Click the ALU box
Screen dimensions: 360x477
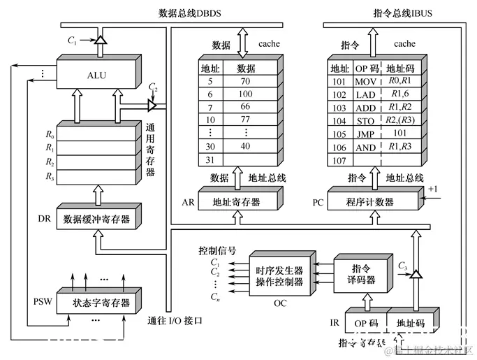(x=97, y=75)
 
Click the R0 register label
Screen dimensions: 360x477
(x=49, y=134)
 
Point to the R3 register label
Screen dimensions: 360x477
(x=49, y=176)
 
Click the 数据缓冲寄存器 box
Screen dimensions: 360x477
(x=96, y=218)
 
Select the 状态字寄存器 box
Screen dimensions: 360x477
(x=101, y=303)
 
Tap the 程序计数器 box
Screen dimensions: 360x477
(x=369, y=202)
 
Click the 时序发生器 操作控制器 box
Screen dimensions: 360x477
(x=279, y=276)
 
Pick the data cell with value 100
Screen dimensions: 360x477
(x=245, y=94)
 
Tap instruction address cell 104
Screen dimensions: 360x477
(x=339, y=120)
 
